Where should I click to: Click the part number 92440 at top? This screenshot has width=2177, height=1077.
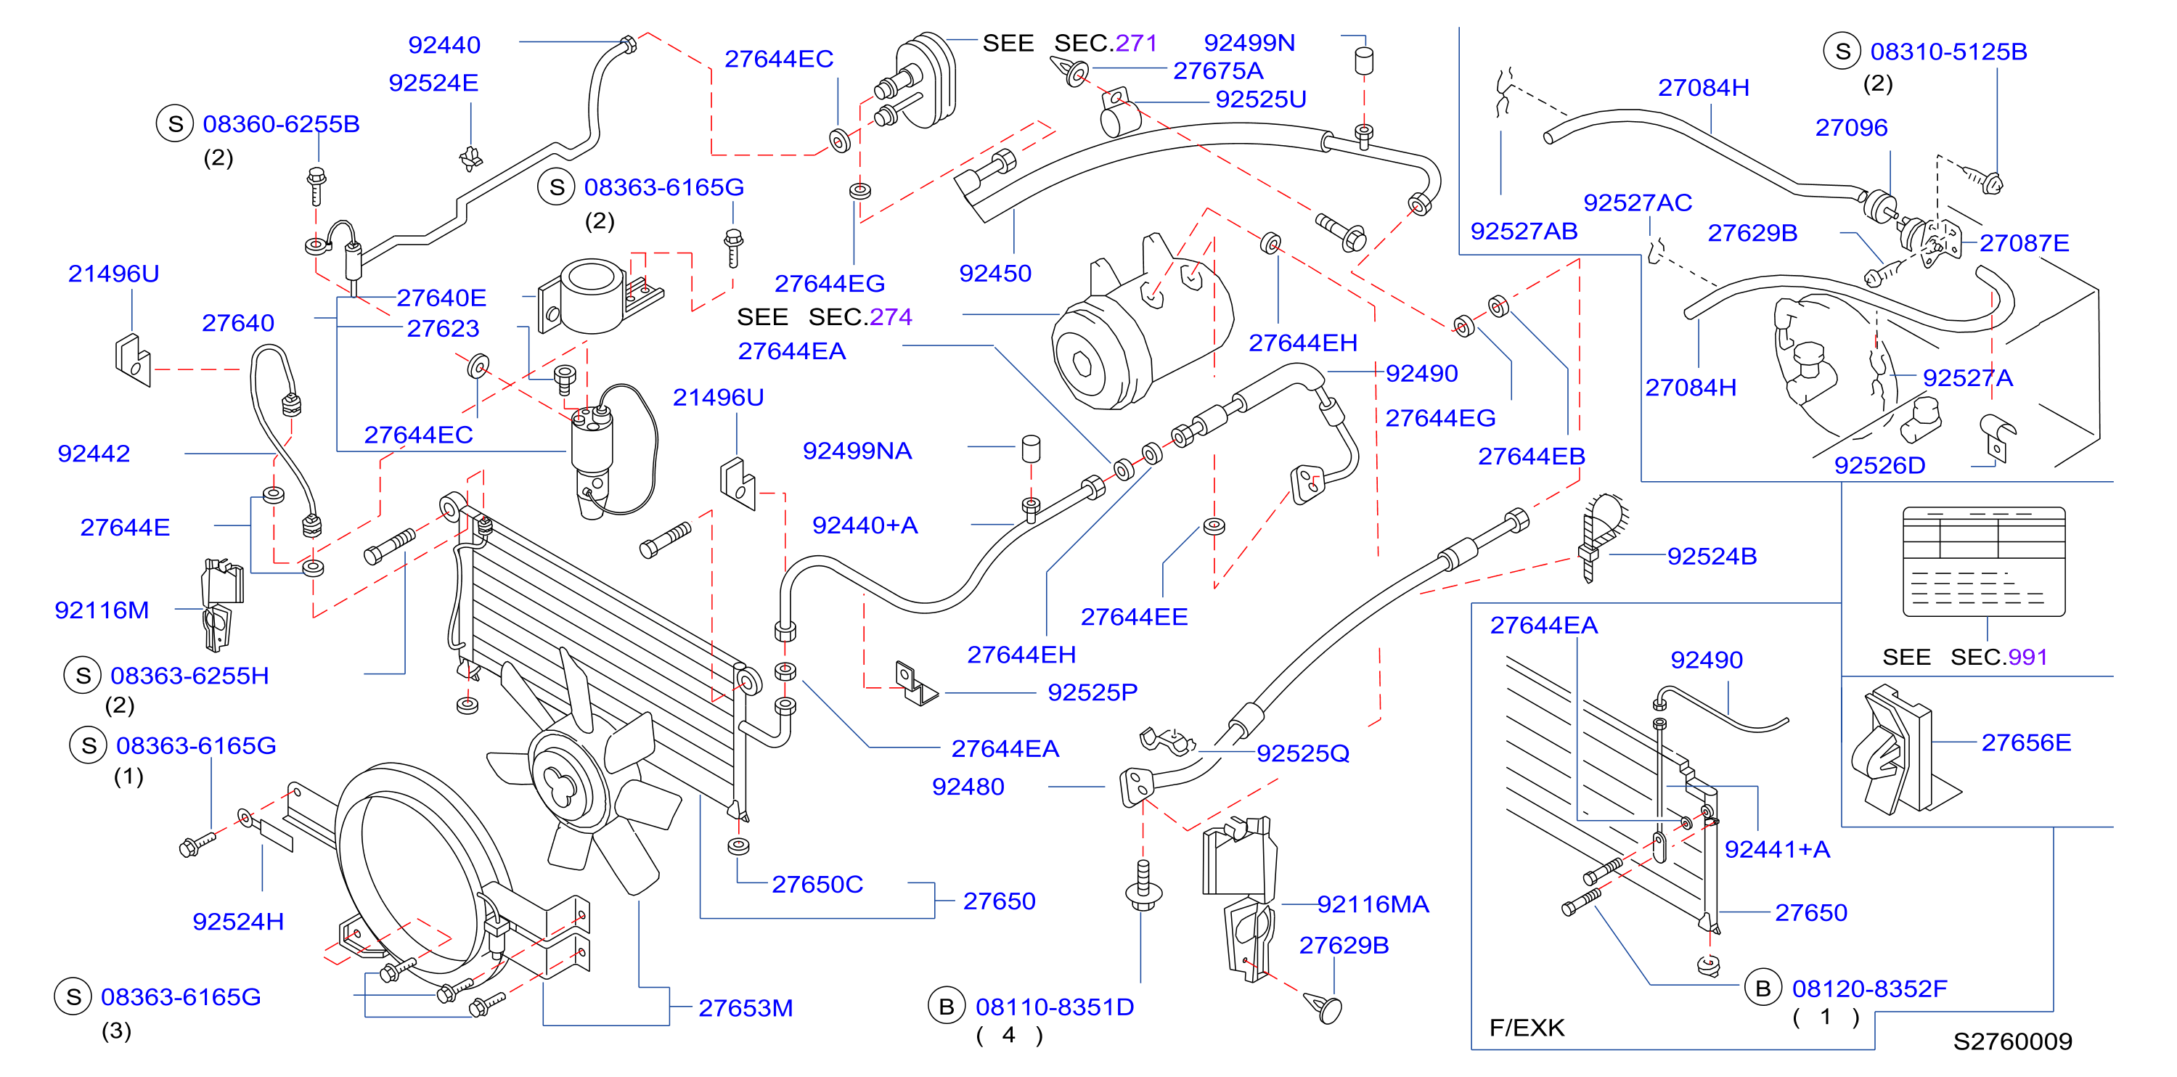[x=444, y=45]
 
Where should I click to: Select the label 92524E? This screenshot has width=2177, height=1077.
[x=433, y=83]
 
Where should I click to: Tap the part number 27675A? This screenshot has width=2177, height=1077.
[x=1218, y=71]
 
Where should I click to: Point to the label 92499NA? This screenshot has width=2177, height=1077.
[x=857, y=451]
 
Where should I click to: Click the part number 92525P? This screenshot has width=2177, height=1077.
[x=1092, y=692]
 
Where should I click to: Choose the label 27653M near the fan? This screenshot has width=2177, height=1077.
[x=746, y=1009]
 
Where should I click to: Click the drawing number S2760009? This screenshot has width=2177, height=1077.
[x=2012, y=1041]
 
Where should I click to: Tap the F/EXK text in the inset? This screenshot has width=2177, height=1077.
[x=1527, y=1028]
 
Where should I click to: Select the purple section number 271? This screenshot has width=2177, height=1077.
[x=1136, y=43]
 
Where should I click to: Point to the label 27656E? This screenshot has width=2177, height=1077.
[x=2026, y=742]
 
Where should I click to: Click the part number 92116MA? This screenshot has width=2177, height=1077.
[x=1373, y=905]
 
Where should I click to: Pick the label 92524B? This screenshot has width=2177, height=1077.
[x=1712, y=557]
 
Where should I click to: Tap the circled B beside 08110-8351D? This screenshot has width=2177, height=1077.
[x=947, y=1007]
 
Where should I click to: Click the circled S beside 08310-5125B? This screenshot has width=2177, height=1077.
[x=1842, y=52]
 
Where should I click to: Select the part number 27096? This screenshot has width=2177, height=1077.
[x=1851, y=128]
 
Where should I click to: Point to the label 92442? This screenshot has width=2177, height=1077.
[x=93, y=454]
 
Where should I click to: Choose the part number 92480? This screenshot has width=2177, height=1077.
[x=968, y=787]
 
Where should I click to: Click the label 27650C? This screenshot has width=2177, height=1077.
[x=817, y=885]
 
